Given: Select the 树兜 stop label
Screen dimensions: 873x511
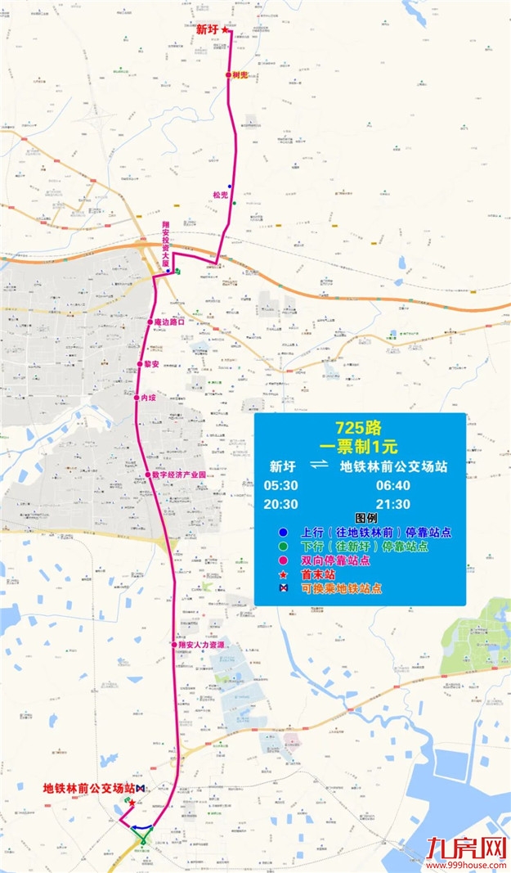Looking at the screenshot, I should (240, 74).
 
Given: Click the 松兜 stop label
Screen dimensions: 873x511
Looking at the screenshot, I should (218, 195).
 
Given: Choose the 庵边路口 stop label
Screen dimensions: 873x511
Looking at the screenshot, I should (171, 322).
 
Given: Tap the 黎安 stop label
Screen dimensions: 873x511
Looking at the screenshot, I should (150, 363).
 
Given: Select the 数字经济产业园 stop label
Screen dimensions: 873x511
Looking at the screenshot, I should (179, 475).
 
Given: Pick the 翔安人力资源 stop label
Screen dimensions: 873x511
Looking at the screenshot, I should (200, 645).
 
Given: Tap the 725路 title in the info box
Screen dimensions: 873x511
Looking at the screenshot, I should (359, 428).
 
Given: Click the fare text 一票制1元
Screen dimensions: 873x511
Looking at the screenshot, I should (360, 447).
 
